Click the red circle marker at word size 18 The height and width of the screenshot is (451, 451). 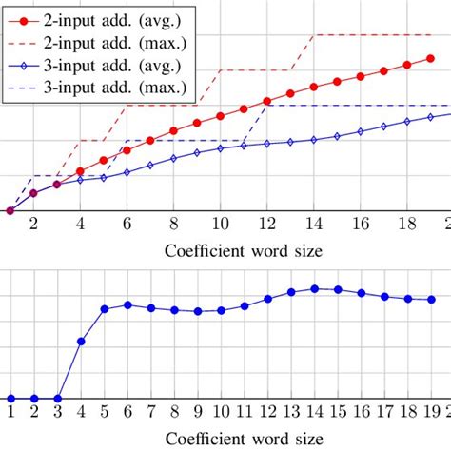tap(406, 65)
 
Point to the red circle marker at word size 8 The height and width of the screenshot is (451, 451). tap(173, 131)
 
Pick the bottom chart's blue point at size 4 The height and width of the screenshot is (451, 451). tap(80, 341)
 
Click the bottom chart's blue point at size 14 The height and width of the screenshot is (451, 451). tap(313, 288)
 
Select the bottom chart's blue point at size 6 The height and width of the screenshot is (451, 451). tap(127, 304)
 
